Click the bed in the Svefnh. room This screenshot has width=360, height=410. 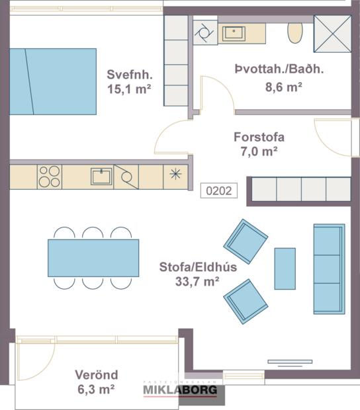point(53,81)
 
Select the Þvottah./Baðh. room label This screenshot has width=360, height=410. point(269,69)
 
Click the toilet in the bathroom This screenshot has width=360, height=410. point(295,32)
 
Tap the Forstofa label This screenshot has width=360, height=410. point(259,138)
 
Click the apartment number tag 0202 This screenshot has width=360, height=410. point(218,191)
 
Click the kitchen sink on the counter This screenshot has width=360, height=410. point(101,176)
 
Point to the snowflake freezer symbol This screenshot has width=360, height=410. point(175,175)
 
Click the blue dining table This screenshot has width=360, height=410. point(93,258)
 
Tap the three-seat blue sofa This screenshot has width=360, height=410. point(328,268)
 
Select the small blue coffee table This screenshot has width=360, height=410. point(285,268)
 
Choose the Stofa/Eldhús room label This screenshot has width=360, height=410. point(189,268)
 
